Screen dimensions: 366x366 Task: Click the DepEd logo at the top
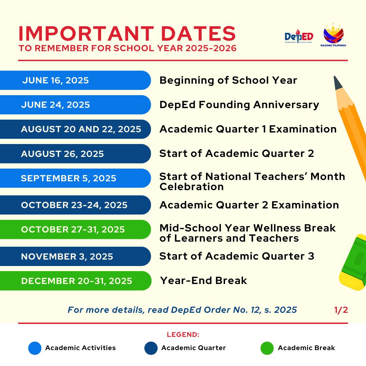point(299,36)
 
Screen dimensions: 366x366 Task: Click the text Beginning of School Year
point(228,80)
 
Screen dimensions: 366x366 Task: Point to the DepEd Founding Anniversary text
point(239,105)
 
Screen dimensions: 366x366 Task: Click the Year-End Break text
point(204,281)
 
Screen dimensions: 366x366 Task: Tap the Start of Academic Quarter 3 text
point(237,256)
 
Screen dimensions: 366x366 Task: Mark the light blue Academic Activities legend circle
point(35,348)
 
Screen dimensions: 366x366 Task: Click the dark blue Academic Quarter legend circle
point(151,348)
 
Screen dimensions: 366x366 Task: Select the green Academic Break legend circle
point(267,348)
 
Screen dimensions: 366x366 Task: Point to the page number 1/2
point(341,310)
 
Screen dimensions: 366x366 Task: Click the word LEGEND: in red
point(183,335)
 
